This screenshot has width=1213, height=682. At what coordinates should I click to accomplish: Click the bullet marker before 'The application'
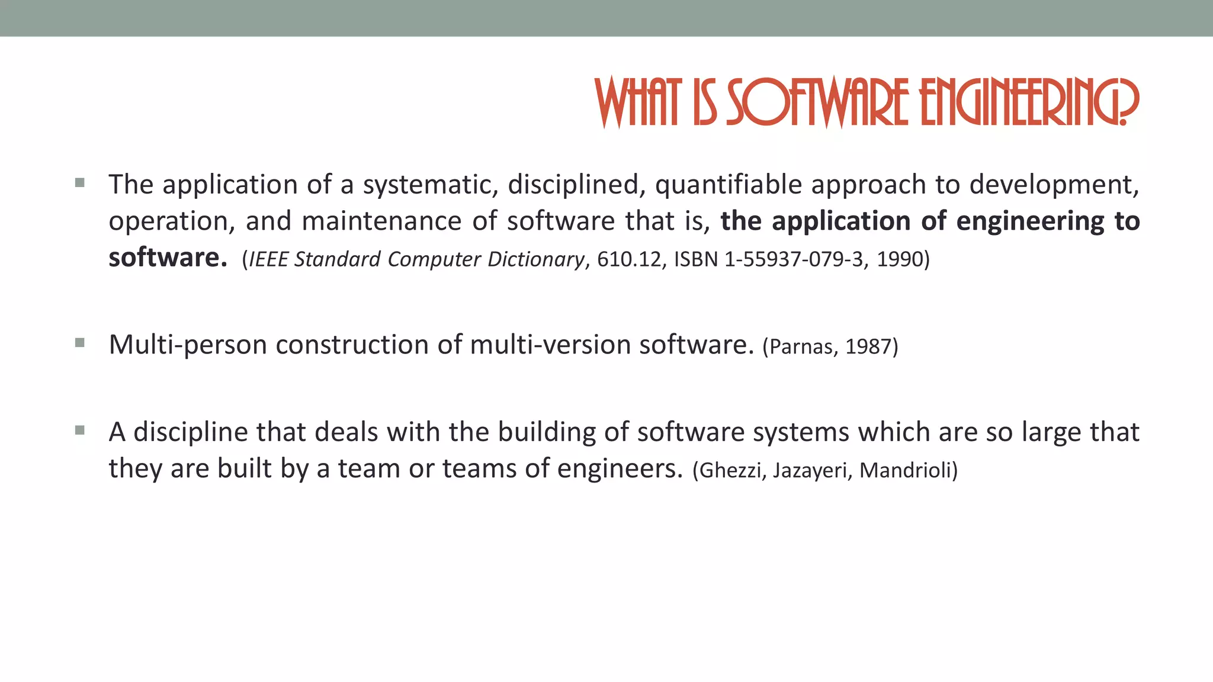[x=80, y=183]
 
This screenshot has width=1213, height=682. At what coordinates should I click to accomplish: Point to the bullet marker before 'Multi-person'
[x=80, y=343]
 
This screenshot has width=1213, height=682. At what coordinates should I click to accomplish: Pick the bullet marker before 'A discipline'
[x=80, y=430]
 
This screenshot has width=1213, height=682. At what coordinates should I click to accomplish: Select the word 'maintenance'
[x=381, y=221]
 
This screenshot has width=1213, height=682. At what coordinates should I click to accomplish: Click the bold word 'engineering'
[x=1030, y=221]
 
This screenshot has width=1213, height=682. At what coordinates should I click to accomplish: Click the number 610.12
[x=628, y=259]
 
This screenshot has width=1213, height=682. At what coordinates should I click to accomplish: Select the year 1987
[x=868, y=346]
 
